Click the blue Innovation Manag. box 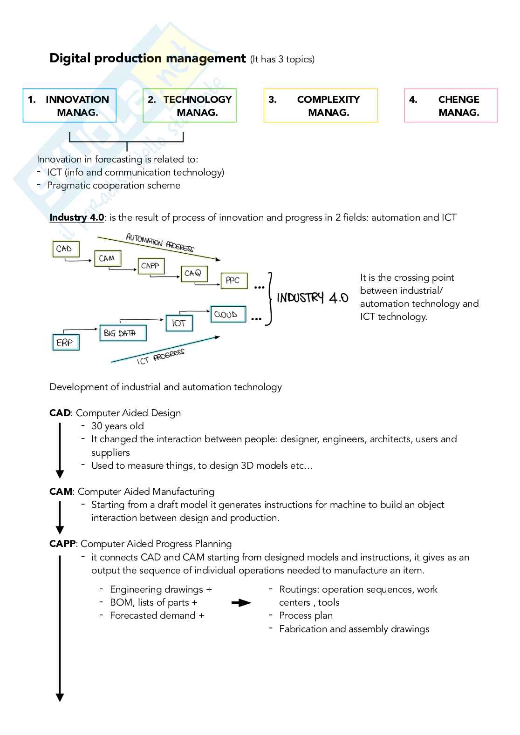[69, 106]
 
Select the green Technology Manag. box [190, 106]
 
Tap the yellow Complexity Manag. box [321, 106]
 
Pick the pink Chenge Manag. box [451, 106]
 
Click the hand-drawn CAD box [65, 249]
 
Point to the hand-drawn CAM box [108, 258]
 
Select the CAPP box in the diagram [151, 266]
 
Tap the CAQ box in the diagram [194, 273]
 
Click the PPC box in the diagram [233, 281]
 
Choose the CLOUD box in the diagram [228, 315]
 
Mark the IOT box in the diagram [179, 323]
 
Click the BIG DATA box [123, 333]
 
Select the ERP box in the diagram [66, 343]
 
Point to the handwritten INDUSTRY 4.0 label [313, 298]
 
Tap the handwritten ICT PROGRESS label [161, 357]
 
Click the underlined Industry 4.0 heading [77, 218]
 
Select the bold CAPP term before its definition [62, 544]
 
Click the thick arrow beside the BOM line [241, 603]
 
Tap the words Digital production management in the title [148, 59]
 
